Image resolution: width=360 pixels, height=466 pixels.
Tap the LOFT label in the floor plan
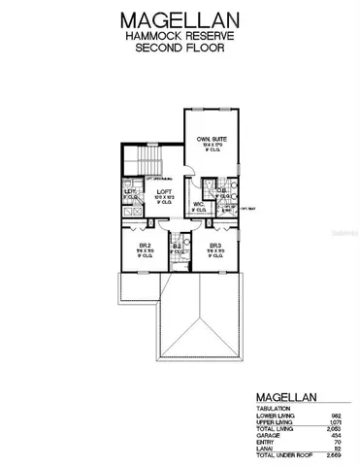(x=164, y=193)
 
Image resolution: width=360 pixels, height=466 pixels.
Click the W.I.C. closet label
(x=197, y=204)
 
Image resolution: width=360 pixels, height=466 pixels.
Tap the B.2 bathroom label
(x=177, y=248)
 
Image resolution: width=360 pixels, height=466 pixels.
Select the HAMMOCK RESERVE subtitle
(x=180, y=37)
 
